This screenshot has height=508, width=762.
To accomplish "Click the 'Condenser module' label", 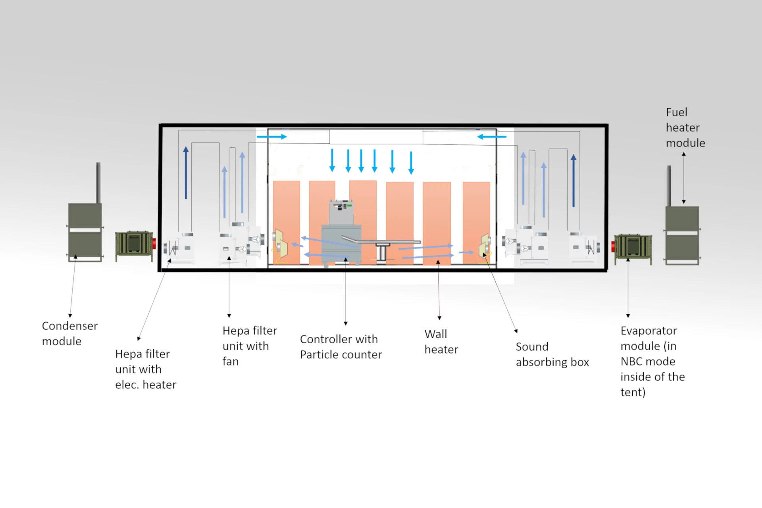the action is click(x=70, y=333).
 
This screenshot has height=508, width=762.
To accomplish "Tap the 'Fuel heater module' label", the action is click(x=685, y=127).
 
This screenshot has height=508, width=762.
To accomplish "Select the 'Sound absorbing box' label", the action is click(x=552, y=354).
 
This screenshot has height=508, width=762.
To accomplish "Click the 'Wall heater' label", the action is click(x=441, y=341).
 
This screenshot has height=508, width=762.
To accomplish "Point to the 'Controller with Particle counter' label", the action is click(x=341, y=346).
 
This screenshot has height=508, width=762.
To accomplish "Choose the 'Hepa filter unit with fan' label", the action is click(x=250, y=346).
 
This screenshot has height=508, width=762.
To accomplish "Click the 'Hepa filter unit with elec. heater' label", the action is click(x=146, y=369).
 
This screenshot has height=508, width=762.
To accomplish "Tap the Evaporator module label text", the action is click(x=653, y=361).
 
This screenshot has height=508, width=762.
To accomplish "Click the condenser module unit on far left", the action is click(x=85, y=232).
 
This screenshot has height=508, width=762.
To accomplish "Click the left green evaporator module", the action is click(x=134, y=246).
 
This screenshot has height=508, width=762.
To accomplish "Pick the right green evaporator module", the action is click(x=633, y=249).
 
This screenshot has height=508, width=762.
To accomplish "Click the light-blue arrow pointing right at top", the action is click(x=272, y=137).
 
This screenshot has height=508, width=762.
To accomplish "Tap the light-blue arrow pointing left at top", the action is click(x=492, y=137).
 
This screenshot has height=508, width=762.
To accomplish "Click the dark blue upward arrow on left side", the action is click(x=186, y=173).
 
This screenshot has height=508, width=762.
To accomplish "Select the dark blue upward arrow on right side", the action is click(x=573, y=181).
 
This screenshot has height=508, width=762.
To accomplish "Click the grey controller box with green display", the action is click(x=341, y=212).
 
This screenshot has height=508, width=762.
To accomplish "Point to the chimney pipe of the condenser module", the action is click(x=98, y=183).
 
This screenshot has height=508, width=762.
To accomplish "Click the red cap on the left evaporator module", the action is click(x=154, y=244).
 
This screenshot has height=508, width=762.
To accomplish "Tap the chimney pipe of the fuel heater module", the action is click(x=669, y=186).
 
